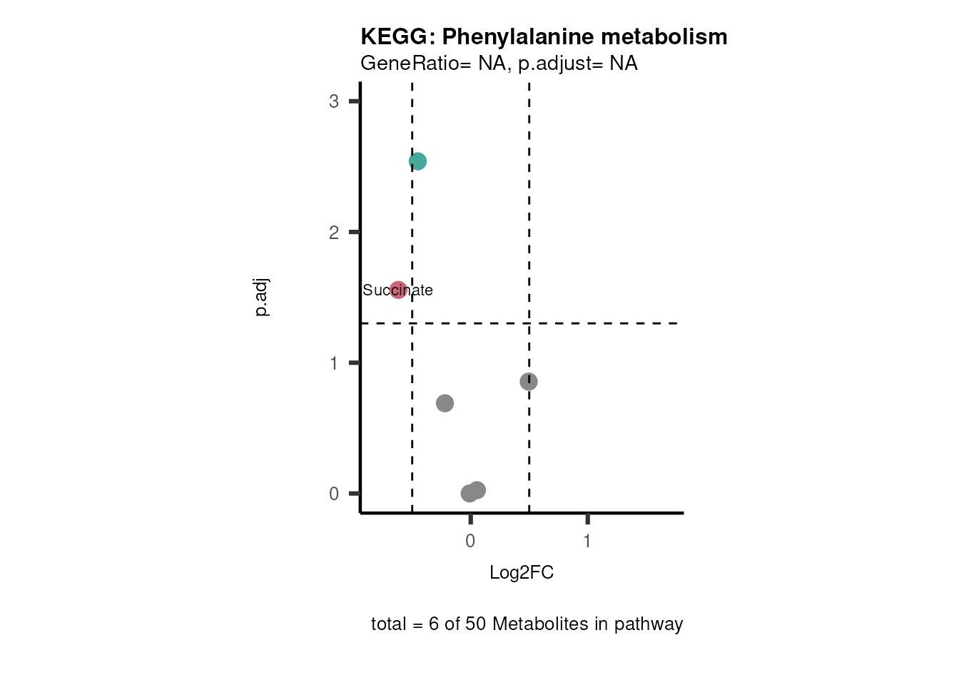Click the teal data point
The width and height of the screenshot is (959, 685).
coord(418,162)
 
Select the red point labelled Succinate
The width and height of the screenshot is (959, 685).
coord(398,290)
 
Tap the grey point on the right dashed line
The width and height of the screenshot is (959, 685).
coord(529,382)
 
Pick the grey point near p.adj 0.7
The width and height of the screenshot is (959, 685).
coord(445,403)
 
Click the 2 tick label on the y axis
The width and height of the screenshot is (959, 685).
coord(334,233)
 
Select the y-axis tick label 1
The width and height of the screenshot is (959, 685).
coord(334,363)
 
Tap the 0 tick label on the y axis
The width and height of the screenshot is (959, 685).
coord(334,494)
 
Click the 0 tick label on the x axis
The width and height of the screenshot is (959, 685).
coord(470,542)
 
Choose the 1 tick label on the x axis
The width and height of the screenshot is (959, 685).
coord(587,542)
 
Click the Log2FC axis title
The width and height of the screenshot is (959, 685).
coord(522,573)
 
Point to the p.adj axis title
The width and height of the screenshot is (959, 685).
coord(262,298)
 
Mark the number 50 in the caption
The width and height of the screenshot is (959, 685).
coord(476,624)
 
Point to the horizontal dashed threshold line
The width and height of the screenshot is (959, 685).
coord(607,323)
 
